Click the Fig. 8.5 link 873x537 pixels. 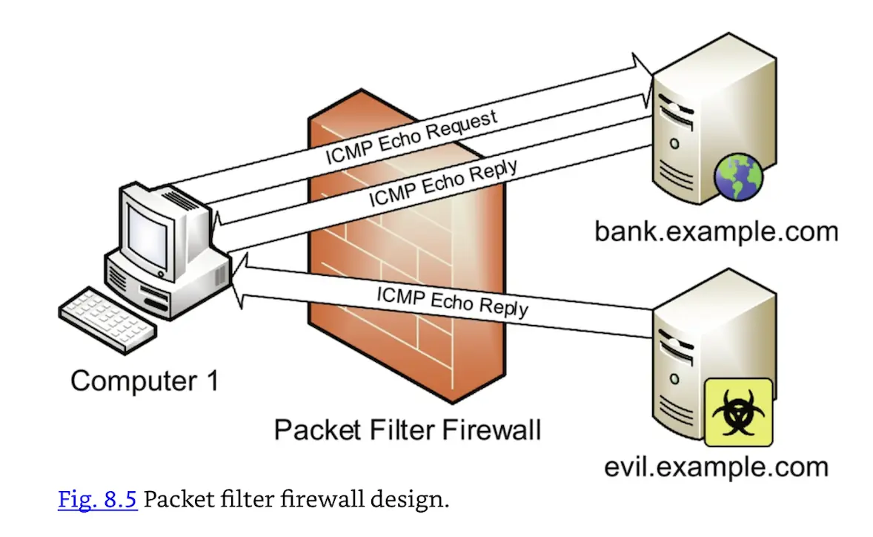97,499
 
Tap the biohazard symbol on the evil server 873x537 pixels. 737,412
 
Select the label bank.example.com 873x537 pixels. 715,231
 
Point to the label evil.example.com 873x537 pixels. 715,467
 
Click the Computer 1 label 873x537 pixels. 145,381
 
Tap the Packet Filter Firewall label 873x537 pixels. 407,430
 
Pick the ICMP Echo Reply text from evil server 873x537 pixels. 452,298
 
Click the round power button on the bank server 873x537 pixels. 674,142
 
